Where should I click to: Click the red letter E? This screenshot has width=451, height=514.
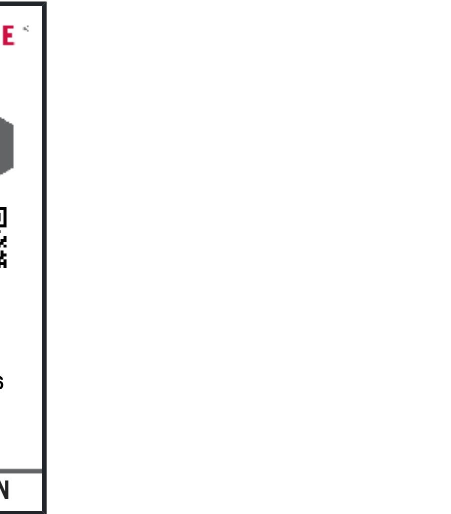[x=8, y=36]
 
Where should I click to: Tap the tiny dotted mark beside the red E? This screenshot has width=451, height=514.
[x=26, y=29]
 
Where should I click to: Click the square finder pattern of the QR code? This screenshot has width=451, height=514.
[x=3, y=217]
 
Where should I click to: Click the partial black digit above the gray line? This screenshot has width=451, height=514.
[x=2, y=383]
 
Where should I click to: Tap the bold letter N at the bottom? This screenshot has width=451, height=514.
[x=4, y=490]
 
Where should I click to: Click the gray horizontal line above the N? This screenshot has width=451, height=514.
[x=20, y=471]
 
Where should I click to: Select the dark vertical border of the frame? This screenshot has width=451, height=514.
[x=44, y=250]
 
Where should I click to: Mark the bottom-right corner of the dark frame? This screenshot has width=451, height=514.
[x=44, y=511]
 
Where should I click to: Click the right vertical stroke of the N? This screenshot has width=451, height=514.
[x=7, y=490]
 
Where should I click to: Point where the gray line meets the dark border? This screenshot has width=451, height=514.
[x=42, y=471]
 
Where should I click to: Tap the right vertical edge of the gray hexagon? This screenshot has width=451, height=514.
[x=12, y=146]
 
